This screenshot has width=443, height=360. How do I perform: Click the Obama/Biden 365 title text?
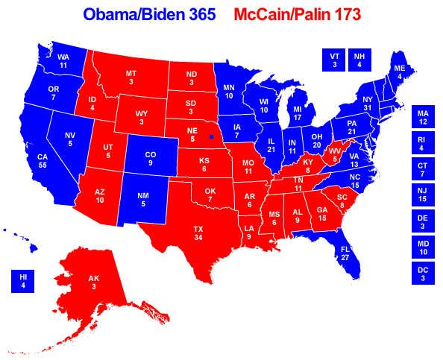click(149, 14)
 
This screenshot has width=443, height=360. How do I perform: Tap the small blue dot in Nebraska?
click(212, 137)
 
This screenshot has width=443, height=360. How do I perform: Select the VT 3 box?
click(334, 60)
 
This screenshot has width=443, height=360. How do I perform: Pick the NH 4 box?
click(359, 60)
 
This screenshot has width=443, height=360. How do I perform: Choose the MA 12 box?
click(423, 117)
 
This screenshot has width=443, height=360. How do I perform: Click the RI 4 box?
click(423, 143)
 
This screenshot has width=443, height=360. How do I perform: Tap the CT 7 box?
click(423, 168)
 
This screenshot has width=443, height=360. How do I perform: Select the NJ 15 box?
click(423, 195)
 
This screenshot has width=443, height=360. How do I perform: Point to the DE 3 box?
click(423, 221)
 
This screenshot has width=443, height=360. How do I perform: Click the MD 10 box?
click(423, 246)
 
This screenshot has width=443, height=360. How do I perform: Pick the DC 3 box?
click(423, 272)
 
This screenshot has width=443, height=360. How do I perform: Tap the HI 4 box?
click(23, 281)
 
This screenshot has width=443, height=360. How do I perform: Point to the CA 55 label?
click(43, 162)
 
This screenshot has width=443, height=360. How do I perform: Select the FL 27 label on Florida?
click(345, 253)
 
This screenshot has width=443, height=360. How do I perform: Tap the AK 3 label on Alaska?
click(94, 282)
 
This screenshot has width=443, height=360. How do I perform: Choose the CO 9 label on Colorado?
click(151, 158)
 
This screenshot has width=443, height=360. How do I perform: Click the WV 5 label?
click(335, 154)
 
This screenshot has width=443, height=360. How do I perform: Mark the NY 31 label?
click(366, 104)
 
